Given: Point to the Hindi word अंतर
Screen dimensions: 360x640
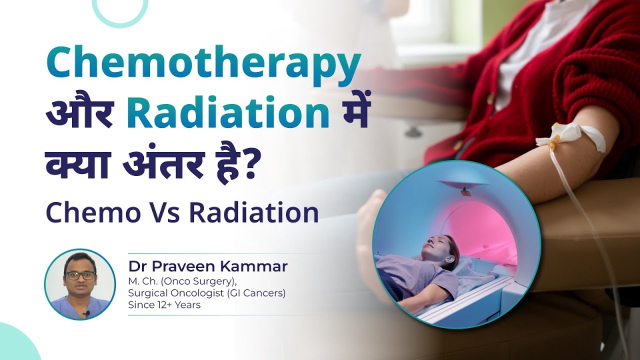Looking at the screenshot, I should pos(164,165).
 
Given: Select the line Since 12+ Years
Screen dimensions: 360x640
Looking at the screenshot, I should pos(164,304).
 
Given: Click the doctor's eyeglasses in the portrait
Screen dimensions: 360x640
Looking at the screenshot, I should pos(79,275).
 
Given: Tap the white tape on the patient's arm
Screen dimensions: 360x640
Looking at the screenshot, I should pos(570,135).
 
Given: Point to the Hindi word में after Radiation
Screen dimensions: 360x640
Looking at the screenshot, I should pos(350,115).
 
